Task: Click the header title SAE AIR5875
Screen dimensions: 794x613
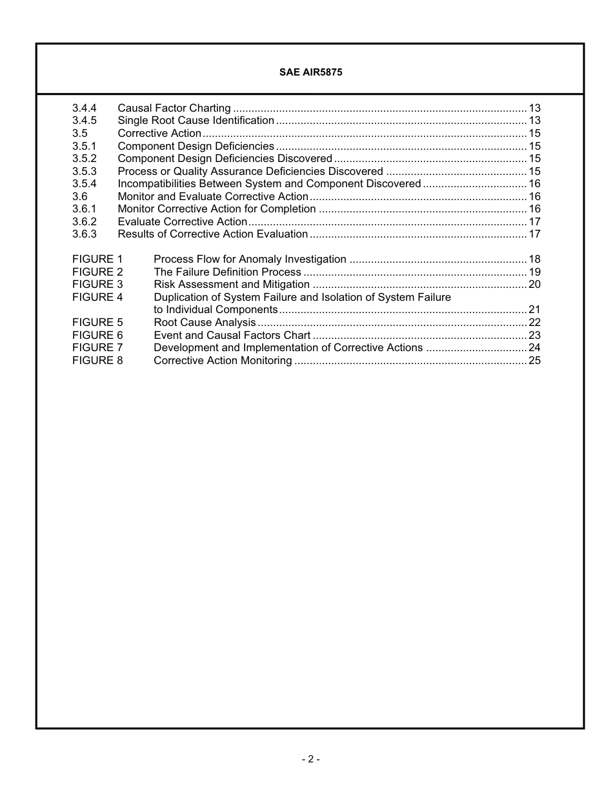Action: pyautogui.click(x=310, y=72)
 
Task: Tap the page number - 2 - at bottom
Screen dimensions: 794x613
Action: pyautogui.click(x=310, y=759)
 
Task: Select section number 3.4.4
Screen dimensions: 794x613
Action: pyautogui.click(x=85, y=108)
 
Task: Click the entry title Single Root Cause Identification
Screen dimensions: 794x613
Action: pyautogui.click(x=196, y=121)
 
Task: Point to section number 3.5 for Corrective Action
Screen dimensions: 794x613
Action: pyautogui.click(x=80, y=134)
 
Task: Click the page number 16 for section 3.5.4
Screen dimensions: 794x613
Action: pyautogui.click(x=534, y=184)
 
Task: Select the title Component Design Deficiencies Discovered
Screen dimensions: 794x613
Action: pyautogui.click(x=225, y=159)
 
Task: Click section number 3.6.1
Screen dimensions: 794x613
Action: pyautogui.click(x=85, y=209)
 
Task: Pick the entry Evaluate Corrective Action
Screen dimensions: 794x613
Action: pyautogui.click(x=183, y=222)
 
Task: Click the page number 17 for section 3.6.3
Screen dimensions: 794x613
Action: pyautogui.click(x=534, y=234)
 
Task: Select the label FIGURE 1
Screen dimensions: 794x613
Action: pyautogui.click(x=97, y=260)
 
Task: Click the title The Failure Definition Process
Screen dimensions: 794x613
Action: pyautogui.click(x=227, y=272)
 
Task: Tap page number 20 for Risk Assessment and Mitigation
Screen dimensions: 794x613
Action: pyautogui.click(x=534, y=285)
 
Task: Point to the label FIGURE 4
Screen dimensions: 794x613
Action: pyautogui.click(x=97, y=298)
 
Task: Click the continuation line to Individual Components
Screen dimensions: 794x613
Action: pyautogui.click(x=216, y=310)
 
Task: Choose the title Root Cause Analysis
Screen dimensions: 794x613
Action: pyautogui.click(x=205, y=323)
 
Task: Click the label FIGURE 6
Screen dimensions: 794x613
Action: pyautogui.click(x=97, y=336)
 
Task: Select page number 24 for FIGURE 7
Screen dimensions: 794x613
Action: pyautogui.click(x=534, y=348)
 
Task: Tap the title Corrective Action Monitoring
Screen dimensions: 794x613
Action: pyautogui.click(x=223, y=361)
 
